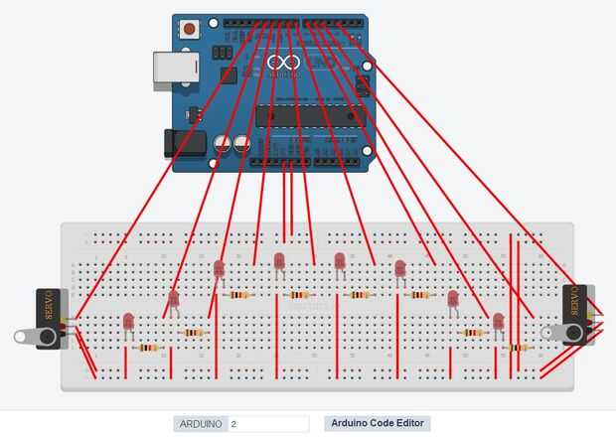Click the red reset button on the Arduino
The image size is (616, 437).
(189, 29)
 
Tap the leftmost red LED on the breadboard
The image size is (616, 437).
(128, 322)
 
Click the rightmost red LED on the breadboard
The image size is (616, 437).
(498, 321)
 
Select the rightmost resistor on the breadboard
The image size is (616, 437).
(517, 348)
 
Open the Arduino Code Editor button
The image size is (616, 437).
(377, 423)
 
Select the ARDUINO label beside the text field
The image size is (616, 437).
(200, 424)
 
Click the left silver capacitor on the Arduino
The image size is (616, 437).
(224, 145)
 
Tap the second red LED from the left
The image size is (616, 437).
(173, 297)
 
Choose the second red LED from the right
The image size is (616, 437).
(453, 297)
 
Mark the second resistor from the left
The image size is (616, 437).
(194, 333)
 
